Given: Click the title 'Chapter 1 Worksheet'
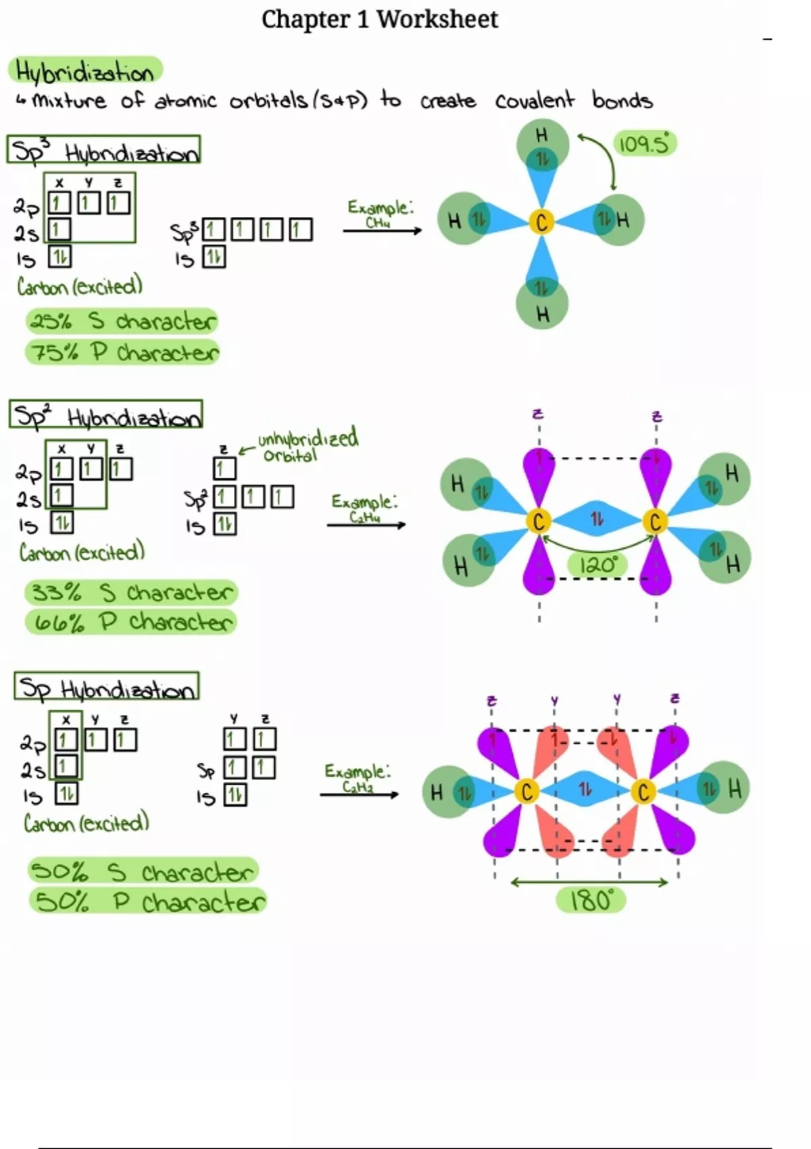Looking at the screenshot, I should coord(379,19).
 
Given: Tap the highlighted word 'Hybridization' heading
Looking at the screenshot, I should coord(85,71).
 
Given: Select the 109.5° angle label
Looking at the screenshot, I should coord(644,144).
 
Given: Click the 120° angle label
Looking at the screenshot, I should coord(597,564).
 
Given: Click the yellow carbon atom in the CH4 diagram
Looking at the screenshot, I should coord(541,222).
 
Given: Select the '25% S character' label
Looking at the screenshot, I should coord(122,321).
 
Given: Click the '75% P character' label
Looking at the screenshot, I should coord(123,352).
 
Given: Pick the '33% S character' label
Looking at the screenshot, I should coord(131,593).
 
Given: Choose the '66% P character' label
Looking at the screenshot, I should coord(131,622).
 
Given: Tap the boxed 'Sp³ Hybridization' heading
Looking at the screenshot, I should coord(104,150).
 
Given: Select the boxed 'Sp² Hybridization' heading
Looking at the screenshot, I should coord(106,414).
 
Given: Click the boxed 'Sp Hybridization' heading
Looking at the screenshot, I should coord(107,686).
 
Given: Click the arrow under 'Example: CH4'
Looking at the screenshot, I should coord(382,230).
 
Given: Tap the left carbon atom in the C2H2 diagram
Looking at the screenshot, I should coord(526,791).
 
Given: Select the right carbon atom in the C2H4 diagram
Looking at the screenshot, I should coord(654,522).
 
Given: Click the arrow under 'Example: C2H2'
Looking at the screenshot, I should coord(359,794).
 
